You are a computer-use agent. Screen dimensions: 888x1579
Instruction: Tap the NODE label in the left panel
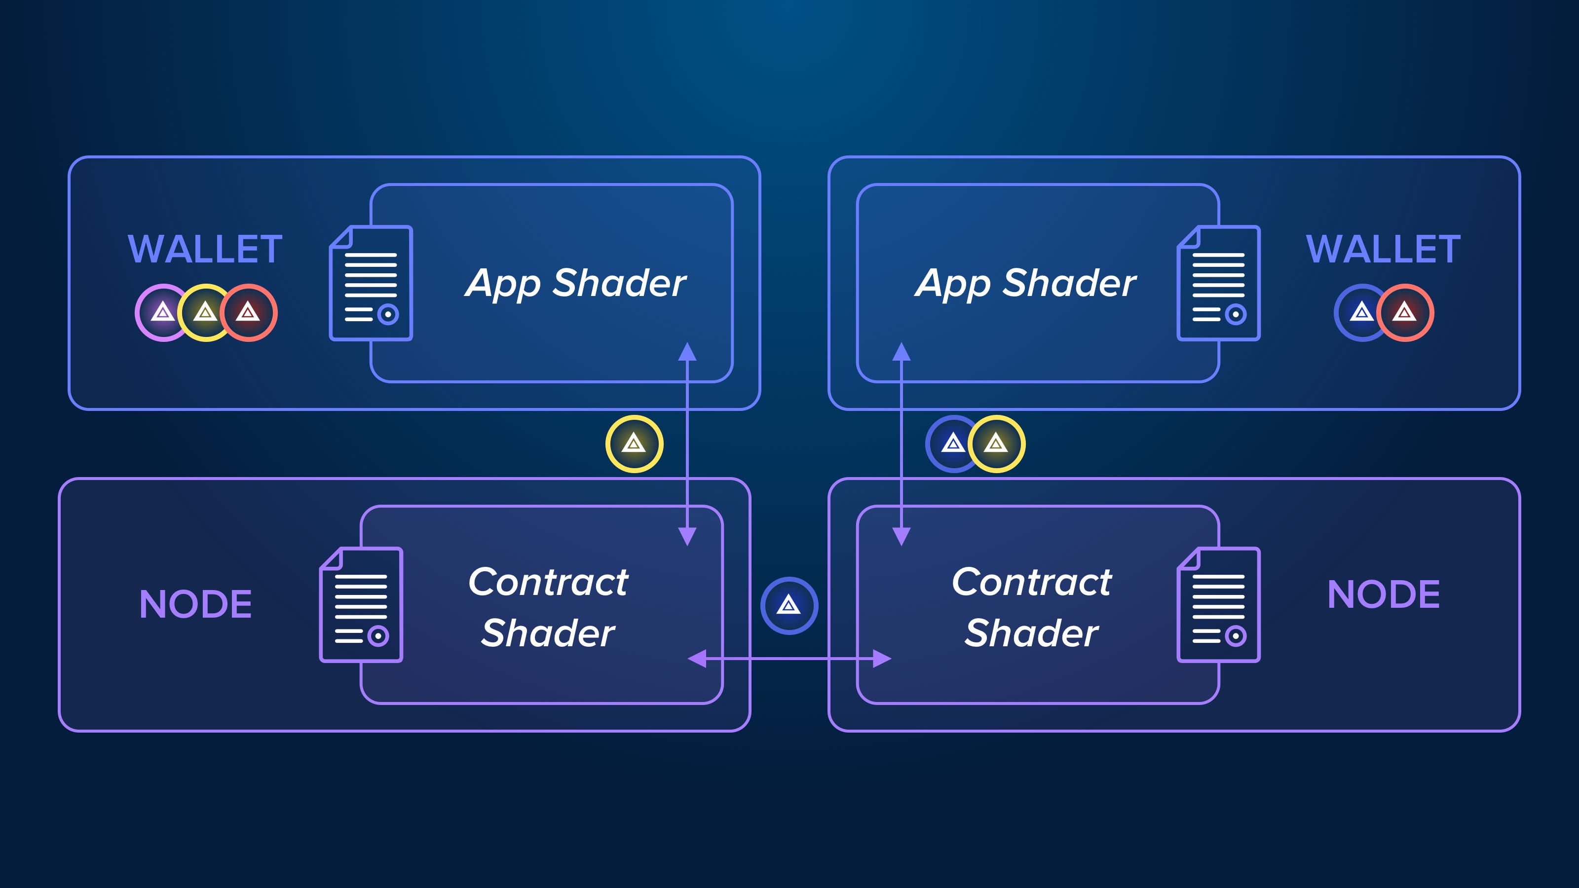(x=195, y=604)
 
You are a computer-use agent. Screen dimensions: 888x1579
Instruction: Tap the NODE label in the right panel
(x=1383, y=594)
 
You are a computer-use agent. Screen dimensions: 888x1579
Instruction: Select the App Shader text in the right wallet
(x=1025, y=283)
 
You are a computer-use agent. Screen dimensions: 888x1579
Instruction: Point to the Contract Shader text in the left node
(x=548, y=607)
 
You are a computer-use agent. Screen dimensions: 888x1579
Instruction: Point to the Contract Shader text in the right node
(x=1032, y=607)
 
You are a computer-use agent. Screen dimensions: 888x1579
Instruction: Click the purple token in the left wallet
(x=162, y=313)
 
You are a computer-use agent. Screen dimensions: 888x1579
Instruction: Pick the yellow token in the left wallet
(x=205, y=313)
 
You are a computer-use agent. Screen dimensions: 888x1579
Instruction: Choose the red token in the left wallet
(x=249, y=313)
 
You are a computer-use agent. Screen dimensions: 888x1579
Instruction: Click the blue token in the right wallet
(x=1361, y=313)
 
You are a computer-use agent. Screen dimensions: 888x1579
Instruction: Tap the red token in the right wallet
(x=1405, y=313)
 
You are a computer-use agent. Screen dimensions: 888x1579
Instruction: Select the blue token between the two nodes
(x=789, y=605)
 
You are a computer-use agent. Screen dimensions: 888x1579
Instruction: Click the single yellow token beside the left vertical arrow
(x=634, y=444)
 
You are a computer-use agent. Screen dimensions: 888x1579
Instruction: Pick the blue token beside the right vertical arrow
(x=952, y=444)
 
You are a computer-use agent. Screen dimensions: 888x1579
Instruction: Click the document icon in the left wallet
(x=371, y=283)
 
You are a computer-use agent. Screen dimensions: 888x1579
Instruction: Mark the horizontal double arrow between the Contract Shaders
(x=789, y=659)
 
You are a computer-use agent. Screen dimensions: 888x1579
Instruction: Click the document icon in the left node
(x=361, y=605)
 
